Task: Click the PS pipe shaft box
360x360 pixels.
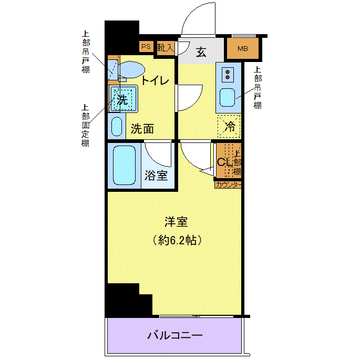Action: [146, 47]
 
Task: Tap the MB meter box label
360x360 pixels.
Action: [242, 49]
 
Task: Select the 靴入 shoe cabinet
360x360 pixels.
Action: [166, 48]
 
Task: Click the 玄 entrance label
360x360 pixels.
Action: [201, 52]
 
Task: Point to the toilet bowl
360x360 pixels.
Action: [131, 69]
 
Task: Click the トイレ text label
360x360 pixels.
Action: [155, 80]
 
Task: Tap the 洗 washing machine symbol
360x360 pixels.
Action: [123, 99]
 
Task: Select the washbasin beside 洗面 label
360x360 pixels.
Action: [117, 127]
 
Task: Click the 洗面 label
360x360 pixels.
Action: [142, 129]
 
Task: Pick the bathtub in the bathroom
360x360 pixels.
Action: [125, 165]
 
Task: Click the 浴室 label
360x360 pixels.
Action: [156, 176]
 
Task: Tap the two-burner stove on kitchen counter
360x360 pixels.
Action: [228, 75]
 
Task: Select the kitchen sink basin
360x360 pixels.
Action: [227, 97]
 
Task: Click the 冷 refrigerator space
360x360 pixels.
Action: [229, 126]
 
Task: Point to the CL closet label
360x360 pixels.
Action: [225, 162]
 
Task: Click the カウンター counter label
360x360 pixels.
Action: [228, 185]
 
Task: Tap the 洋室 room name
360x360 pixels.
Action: [176, 222]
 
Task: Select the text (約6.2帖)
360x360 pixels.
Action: [177, 240]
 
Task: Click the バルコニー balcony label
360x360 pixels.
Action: [174, 336]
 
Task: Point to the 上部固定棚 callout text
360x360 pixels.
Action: [86, 126]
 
